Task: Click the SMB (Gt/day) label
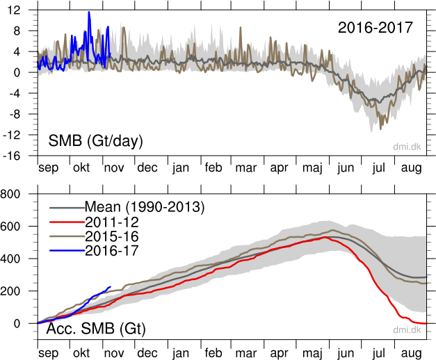pos(95,141)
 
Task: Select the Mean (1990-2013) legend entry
pos(145,206)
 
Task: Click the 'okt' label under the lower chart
pos(81,352)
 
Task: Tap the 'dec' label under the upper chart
pos(147,167)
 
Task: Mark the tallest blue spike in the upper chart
pos(89,13)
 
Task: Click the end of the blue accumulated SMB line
pos(111,287)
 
